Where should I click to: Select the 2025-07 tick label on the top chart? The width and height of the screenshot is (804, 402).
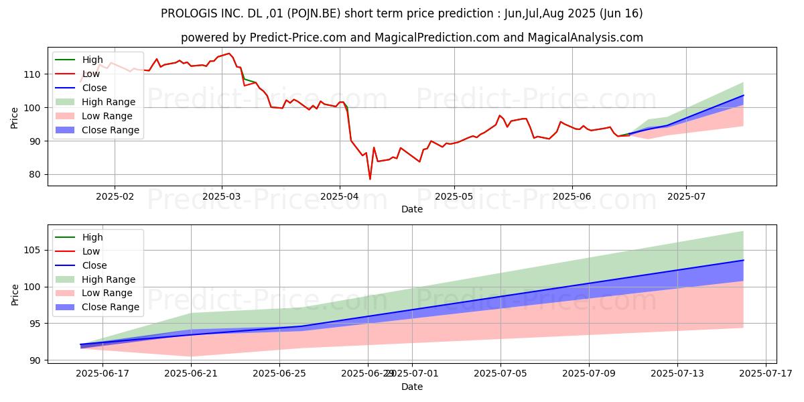coord(686,197)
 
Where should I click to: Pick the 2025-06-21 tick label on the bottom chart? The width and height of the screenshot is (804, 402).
coord(192,373)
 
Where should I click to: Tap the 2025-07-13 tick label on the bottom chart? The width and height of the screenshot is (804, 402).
coord(677,373)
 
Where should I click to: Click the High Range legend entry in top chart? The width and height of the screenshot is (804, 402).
coord(109,102)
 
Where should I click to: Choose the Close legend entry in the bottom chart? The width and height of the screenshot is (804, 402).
coord(94,265)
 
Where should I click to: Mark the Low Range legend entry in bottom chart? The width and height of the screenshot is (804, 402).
coord(107,293)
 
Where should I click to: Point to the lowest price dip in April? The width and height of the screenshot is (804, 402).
coord(370,179)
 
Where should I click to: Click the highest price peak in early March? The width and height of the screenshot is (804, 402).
coord(228,54)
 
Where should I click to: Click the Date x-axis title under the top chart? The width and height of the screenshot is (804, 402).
coord(412,210)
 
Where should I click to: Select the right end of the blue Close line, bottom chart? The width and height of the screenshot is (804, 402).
coord(743,260)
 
